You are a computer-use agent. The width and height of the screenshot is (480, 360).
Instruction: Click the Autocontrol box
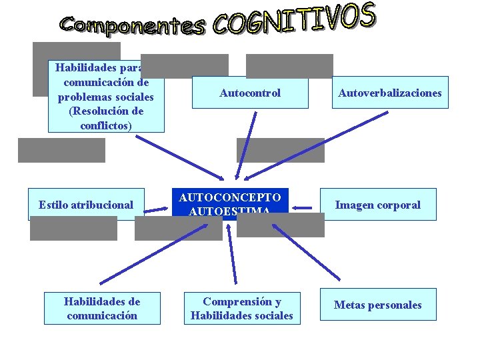[x=250, y=93]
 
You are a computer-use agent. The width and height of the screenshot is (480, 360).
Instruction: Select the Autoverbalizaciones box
[x=389, y=93]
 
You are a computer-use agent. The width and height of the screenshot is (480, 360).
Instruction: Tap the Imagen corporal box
[x=377, y=205]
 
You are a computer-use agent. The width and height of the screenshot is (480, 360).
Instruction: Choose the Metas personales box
[x=377, y=305]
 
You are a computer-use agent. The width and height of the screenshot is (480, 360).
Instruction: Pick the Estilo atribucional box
[x=86, y=204]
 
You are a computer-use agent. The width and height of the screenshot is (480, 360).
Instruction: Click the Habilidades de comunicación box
[x=102, y=308]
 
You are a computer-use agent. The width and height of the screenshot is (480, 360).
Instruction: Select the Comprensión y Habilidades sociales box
[x=242, y=308]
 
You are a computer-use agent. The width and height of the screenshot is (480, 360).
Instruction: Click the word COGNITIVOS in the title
[x=294, y=20]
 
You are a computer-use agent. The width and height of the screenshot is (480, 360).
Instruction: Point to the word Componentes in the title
[x=131, y=25]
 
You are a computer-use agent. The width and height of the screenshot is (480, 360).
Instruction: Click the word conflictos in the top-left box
[x=106, y=125]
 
